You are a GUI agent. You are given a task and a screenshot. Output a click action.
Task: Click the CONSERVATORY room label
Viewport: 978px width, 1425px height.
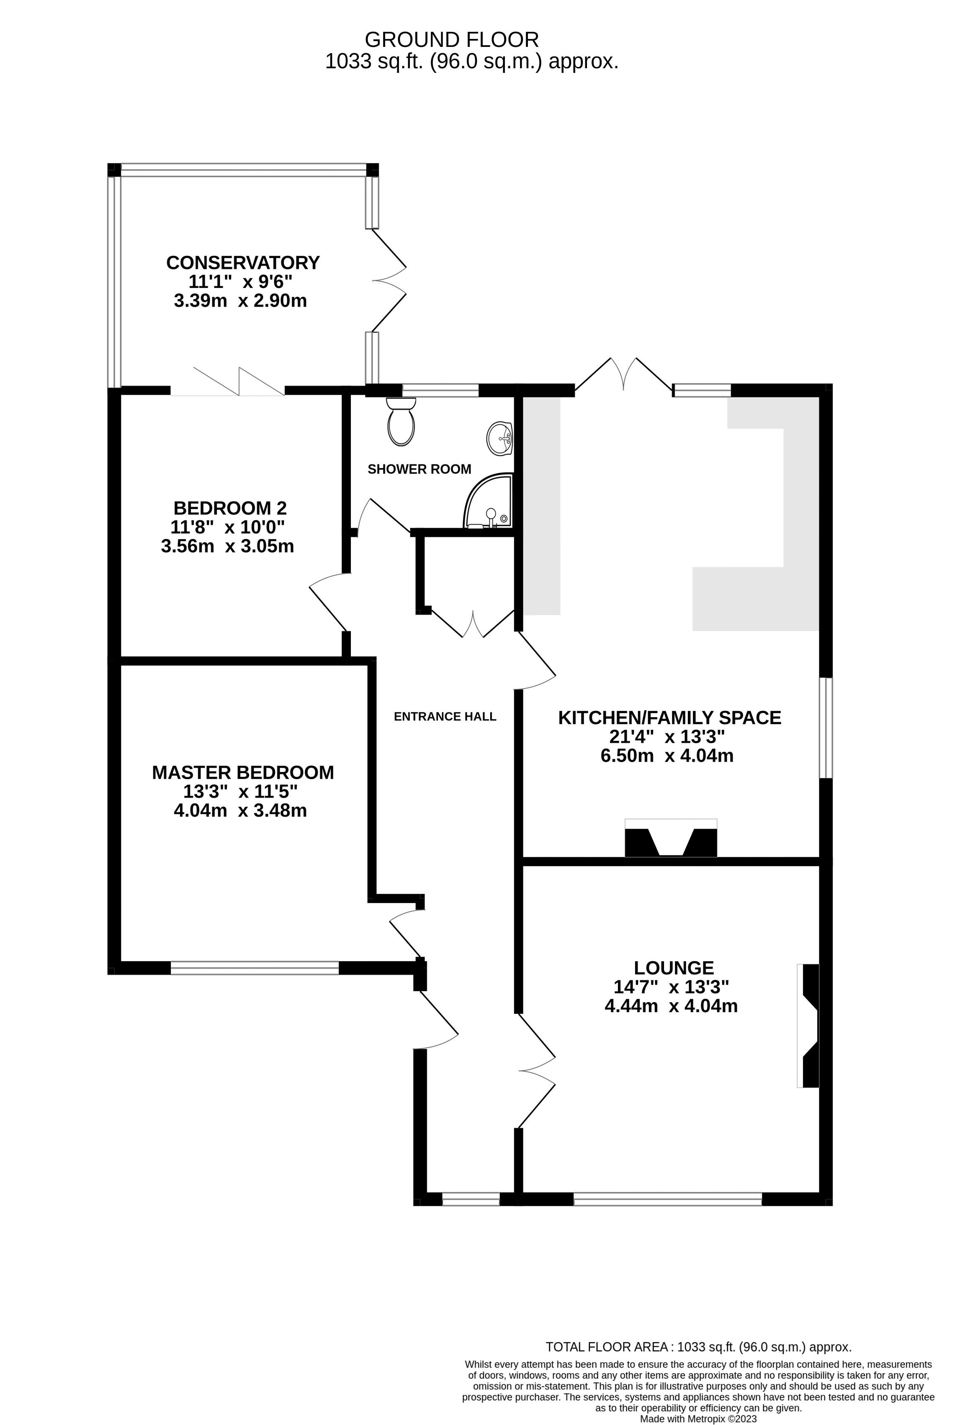(243, 262)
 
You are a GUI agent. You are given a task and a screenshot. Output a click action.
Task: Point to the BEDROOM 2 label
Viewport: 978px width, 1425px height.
(230, 508)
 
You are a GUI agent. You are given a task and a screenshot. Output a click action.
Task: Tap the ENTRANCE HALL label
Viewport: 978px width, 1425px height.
(445, 716)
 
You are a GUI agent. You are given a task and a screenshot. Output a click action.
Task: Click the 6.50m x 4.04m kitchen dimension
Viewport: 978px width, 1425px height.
(667, 756)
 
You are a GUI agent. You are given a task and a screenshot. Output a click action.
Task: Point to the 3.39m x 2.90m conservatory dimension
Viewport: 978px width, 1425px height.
(240, 301)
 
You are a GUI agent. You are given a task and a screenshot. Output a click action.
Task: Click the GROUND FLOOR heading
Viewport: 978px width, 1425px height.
(451, 40)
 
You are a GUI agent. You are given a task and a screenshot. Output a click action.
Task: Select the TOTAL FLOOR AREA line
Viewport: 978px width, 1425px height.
(698, 1347)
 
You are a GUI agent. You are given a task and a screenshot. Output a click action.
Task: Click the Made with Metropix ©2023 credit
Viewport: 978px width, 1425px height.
(698, 1419)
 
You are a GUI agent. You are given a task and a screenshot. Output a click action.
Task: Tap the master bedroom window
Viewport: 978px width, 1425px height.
(255, 967)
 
